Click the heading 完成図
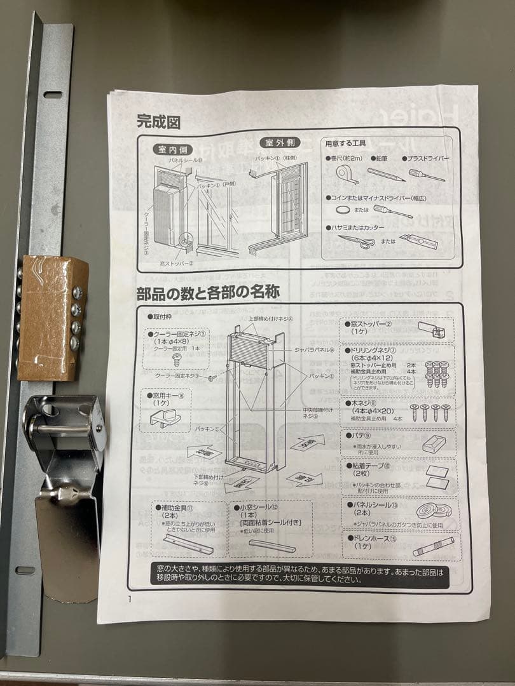pyautogui.click(x=158, y=121)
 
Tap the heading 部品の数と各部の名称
pyautogui.click(x=209, y=293)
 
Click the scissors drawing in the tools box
pyautogui.click(x=355, y=241)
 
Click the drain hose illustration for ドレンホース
pyautogui.click(x=434, y=547)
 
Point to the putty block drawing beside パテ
pyautogui.click(x=434, y=443)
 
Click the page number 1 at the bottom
pyautogui.click(x=130, y=598)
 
